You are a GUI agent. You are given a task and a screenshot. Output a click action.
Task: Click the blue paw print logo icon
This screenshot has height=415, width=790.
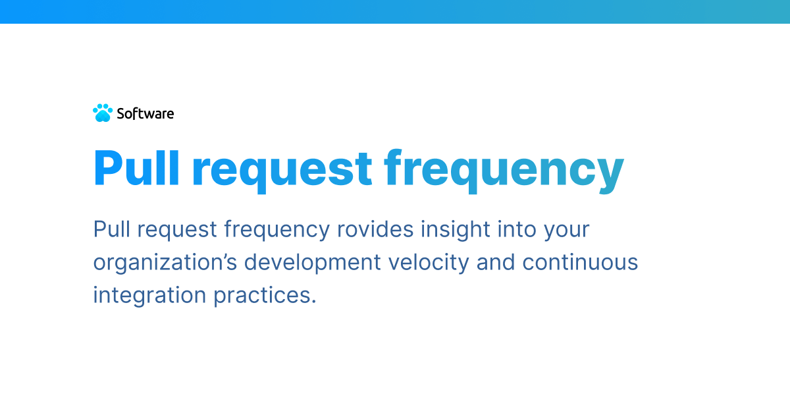coord(103,113)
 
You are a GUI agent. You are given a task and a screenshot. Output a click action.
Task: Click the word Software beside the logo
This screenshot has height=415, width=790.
coord(145,113)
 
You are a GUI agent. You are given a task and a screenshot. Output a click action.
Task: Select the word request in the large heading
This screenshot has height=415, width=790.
coord(282,170)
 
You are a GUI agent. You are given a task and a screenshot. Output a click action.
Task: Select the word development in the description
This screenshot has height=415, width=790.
coord(313,263)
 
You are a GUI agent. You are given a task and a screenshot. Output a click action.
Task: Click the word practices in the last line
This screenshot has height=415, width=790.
coord(265,295)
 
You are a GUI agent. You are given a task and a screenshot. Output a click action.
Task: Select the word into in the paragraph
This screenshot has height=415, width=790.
coord(517,229)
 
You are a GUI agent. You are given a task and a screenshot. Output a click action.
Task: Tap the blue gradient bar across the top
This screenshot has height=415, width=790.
coord(395,11)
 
